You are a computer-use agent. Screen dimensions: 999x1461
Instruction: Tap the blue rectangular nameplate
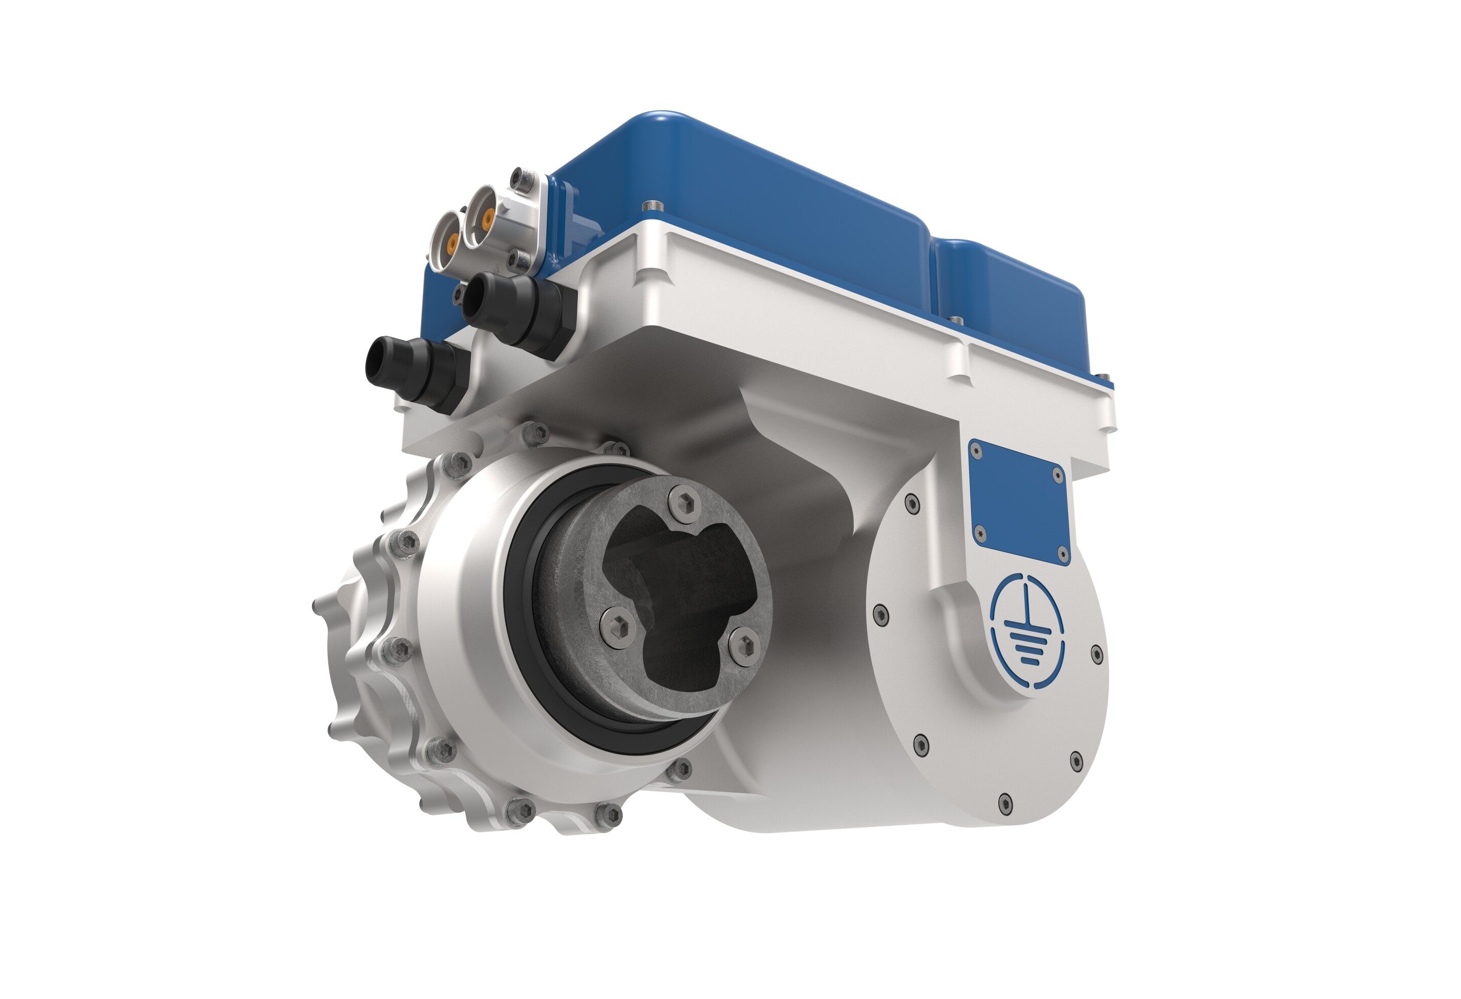1019,501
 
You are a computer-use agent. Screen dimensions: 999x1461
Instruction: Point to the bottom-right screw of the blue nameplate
1062,553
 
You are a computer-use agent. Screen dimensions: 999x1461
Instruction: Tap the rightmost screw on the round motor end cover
1096,654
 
